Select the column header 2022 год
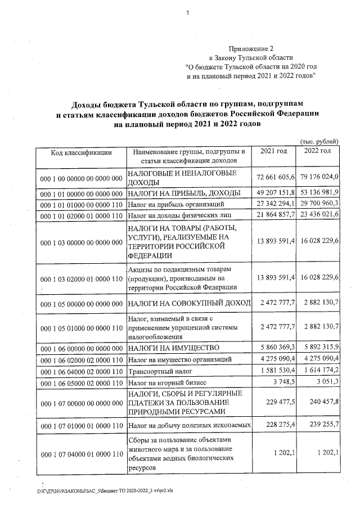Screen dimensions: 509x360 pyautogui.click(x=318, y=152)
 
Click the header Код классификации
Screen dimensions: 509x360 pyautogui.click(x=81, y=152)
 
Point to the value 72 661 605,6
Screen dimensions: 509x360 pyautogui.click(x=276, y=178)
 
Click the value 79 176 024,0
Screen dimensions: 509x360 pyautogui.click(x=319, y=178)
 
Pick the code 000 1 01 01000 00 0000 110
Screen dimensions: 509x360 pyautogui.click(x=81, y=204)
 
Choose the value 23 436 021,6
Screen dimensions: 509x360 pyautogui.click(x=319, y=215)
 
